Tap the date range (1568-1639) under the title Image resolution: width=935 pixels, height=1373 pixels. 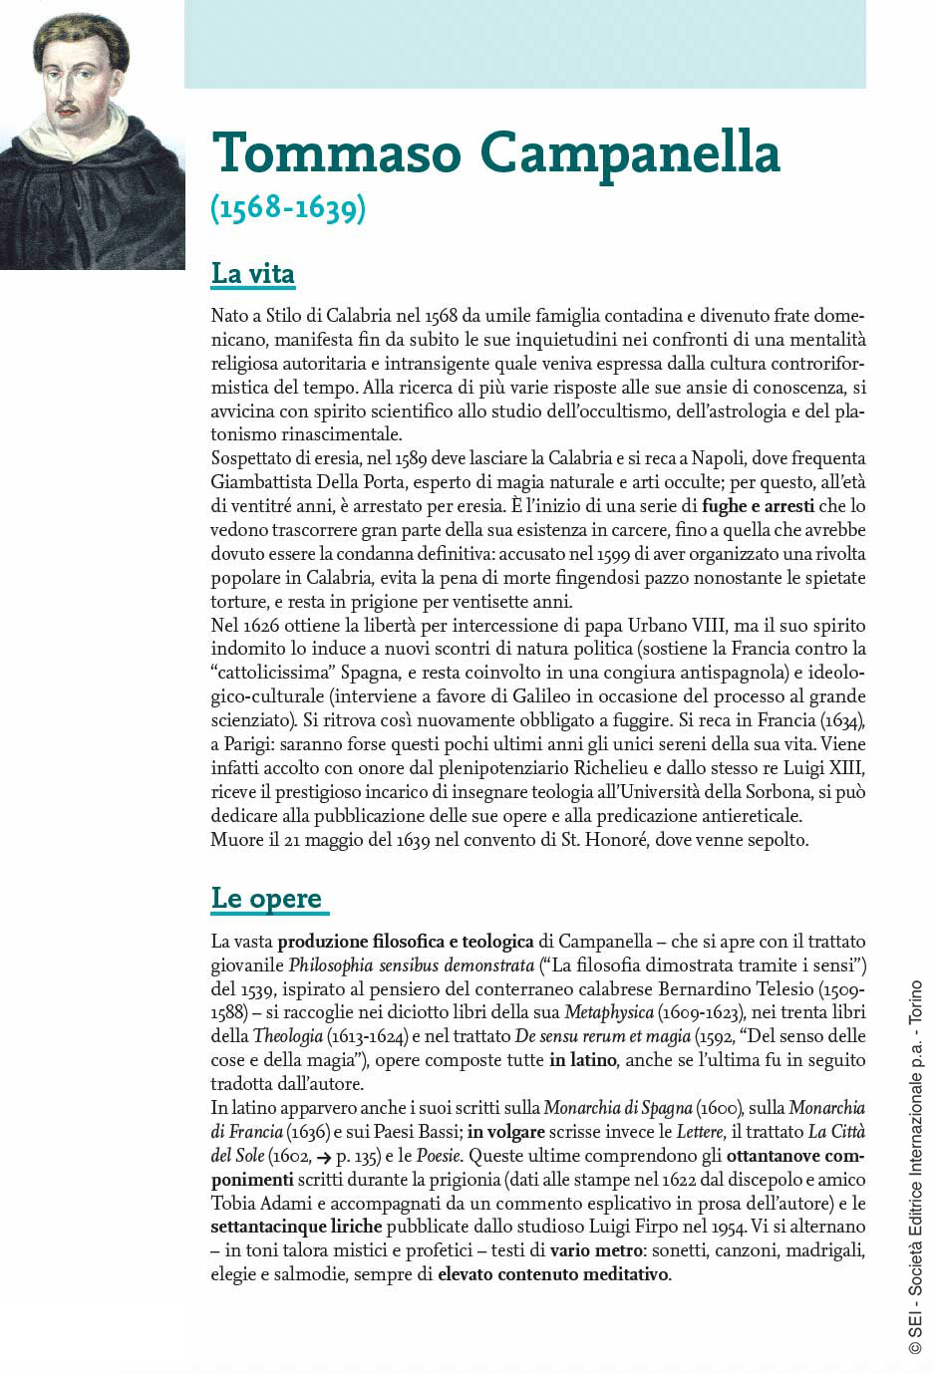(288, 207)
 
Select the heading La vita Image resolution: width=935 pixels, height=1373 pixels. (253, 273)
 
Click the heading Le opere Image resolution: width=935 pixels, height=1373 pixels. (266, 898)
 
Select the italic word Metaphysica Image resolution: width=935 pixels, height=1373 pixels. (608, 1013)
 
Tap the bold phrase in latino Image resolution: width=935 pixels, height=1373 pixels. (583, 1060)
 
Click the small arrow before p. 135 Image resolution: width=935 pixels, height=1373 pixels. (323, 1156)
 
